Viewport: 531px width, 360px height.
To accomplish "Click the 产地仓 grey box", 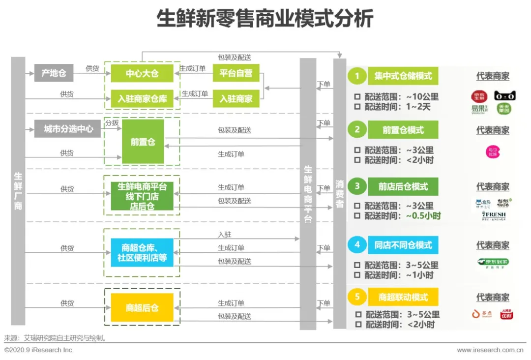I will (x=54, y=73).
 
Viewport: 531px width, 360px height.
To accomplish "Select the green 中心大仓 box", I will (x=142, y=73).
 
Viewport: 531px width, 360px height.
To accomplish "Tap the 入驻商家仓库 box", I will (x=142, y=98).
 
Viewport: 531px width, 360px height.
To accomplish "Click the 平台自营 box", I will (x=236, y=73).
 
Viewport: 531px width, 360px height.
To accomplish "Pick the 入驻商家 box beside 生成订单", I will (x=236, y=98).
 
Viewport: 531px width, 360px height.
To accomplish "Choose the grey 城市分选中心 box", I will (x=68, y=129).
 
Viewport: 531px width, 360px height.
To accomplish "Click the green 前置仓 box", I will (x=143, y=142).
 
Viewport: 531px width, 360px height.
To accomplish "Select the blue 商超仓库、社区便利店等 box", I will (x=142, y=252).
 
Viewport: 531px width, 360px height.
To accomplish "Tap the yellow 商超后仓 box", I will (x=142, y=308).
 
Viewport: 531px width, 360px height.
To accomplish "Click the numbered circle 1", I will (x=357, y=76).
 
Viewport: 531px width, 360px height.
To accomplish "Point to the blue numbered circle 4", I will (x=357, y=244).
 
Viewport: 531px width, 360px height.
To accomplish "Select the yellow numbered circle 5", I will (x=357, y=297).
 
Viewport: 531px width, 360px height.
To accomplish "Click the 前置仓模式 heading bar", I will (x=403, y=130).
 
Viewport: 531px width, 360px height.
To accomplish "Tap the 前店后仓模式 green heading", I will (x=403, y=186).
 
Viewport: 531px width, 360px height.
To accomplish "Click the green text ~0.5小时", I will (x=423, y=215).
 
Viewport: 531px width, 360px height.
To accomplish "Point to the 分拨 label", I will (x=112, y=123).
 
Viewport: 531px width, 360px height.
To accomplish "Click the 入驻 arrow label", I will (x=224, y=234).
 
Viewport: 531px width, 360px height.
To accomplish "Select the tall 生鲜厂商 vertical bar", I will (x=18, y=191).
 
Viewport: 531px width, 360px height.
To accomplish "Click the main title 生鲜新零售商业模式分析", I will (x=265, y=19).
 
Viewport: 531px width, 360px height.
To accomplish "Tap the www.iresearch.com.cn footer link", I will (x=490, y=350).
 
